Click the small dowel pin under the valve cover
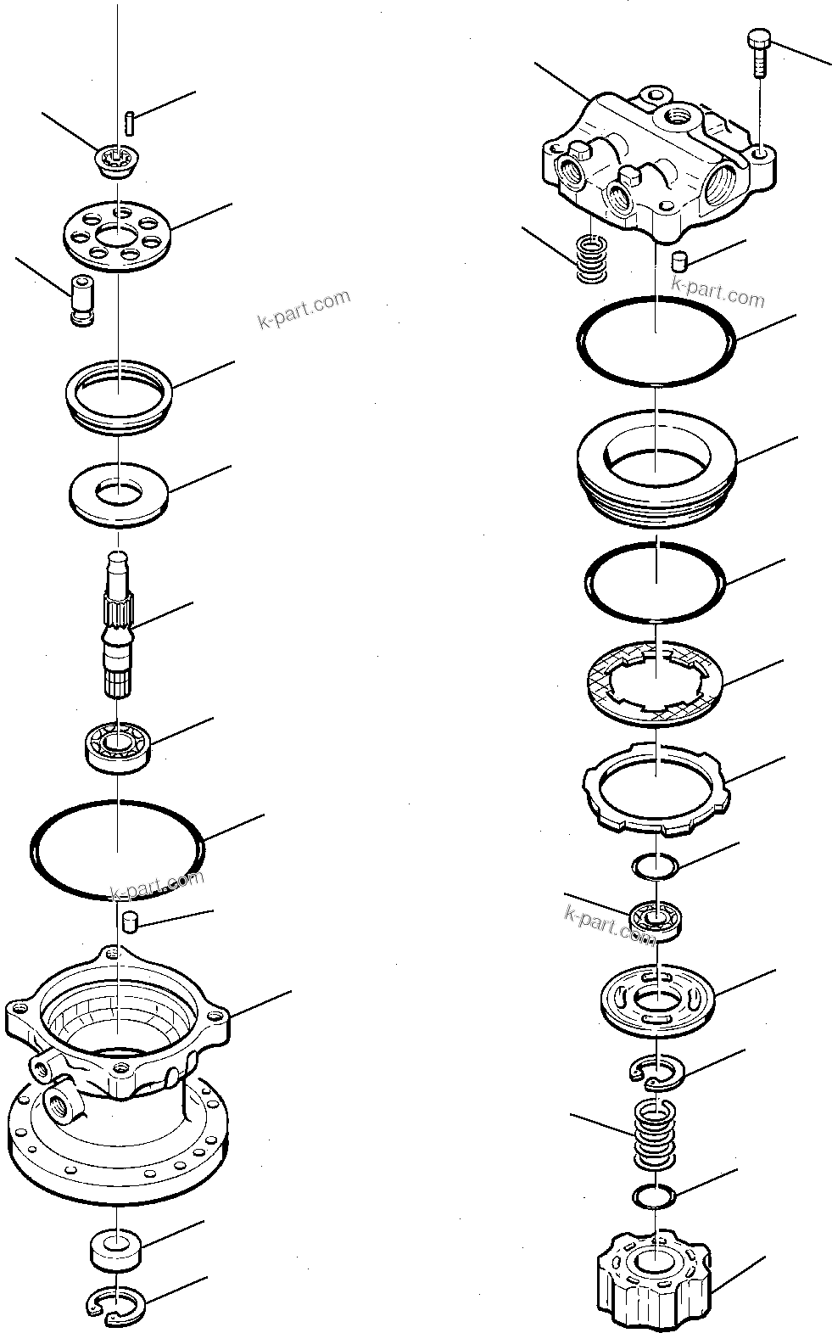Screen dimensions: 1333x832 pyautogui.click(x=678, y=260)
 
